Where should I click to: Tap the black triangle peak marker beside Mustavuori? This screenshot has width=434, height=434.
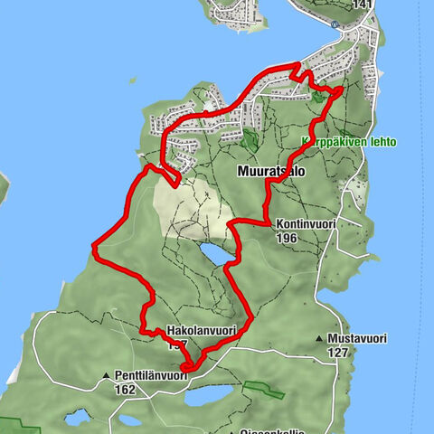(x=320, y=340)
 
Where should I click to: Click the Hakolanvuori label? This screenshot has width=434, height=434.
(x=202, y=332)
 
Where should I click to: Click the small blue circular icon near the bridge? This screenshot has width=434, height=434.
(x=335, y=24)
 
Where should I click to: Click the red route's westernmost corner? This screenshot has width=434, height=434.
(x=94, y=245)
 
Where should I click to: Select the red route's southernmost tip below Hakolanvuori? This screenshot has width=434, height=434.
(x=187, y=367)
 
